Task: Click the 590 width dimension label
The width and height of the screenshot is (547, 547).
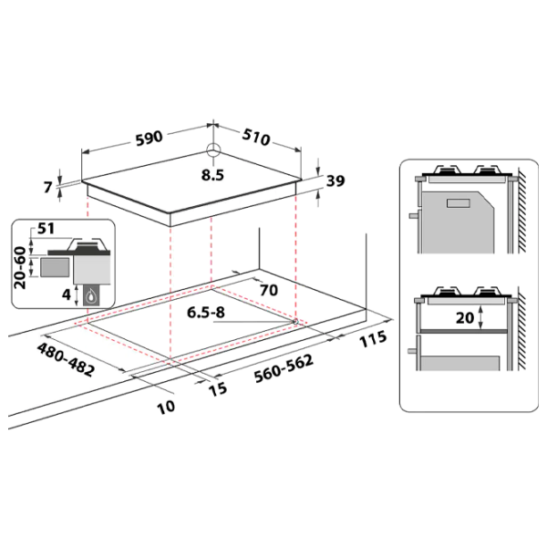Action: click(149, 139)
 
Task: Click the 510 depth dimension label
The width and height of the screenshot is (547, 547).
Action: click(256, 137)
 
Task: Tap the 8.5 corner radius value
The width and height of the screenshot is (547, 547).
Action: click(212, 175)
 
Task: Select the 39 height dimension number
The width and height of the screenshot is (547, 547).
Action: click(335, 181)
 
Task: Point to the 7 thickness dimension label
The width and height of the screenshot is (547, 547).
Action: click(48, 187)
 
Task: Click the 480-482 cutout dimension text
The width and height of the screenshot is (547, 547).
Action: click(66, 360)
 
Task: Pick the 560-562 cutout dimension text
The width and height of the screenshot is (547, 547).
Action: click(284, 368)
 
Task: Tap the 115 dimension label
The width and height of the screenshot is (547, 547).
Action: click(373, 339)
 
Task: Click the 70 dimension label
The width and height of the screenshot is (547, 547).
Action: click(269, 290)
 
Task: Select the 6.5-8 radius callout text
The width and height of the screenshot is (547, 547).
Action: click(206, 312)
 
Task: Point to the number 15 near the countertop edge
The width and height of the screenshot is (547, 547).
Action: click(218, 389)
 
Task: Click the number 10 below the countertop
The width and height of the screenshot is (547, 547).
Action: click(166, 407)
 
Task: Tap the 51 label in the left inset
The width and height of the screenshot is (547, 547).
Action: click(46, 229)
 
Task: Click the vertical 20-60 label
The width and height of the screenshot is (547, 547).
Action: click(20, 267)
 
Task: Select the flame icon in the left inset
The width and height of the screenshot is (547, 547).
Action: click(91, 296)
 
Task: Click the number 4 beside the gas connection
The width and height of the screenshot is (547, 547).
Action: click(67, 295)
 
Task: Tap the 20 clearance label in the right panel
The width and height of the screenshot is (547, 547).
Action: click(465, 318)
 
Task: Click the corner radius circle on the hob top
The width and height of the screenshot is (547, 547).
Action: click(213, 150)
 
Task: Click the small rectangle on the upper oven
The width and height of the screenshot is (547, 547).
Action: click(459, 203)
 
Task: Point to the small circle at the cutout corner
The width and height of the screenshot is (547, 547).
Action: click(295, 322)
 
